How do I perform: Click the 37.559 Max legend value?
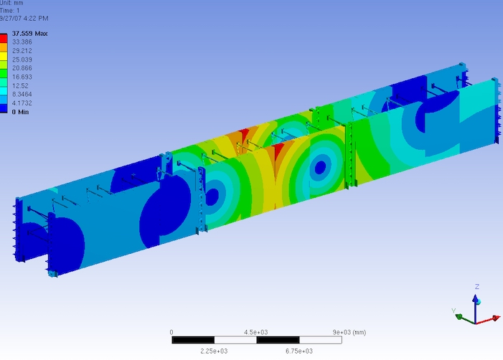click(30, 33)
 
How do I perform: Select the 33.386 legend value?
click(22, 42)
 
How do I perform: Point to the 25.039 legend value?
click(22, 60)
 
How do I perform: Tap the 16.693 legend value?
click(22, 77)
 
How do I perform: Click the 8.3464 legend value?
click(22, 94)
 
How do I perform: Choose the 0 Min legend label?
click(21, 112)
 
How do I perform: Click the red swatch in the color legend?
click(4, 39)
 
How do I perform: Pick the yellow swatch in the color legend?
click(4, 56)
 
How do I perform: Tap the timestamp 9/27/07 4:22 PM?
click(24, 18)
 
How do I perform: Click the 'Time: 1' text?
click(9, 11)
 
